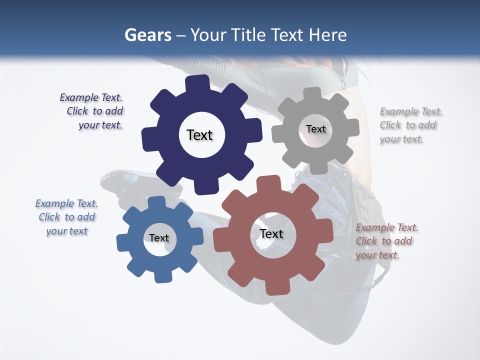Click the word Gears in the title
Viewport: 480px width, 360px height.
click(147, 35)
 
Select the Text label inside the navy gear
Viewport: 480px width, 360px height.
click(199, 135)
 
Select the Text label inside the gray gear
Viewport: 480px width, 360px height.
click(315, 129)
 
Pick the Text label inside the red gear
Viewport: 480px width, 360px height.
click(271, 233)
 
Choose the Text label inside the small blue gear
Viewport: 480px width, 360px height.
click(159, 238)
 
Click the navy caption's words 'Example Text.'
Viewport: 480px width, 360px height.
click(91, 97)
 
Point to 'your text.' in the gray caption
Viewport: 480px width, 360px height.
click(401, 139)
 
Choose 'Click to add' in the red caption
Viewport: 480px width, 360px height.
click(384, 241)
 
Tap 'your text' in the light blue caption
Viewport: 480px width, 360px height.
click(66, 231)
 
